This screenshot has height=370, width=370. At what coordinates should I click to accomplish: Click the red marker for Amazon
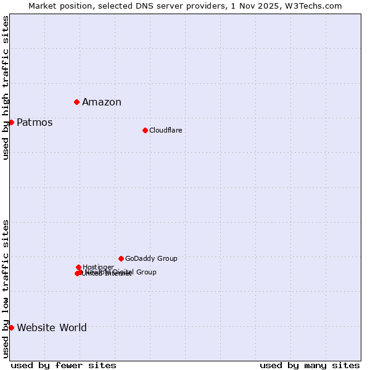[76, 102]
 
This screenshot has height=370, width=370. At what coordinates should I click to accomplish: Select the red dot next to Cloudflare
[145, 130]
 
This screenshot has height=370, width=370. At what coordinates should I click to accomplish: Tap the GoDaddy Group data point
[121, 258]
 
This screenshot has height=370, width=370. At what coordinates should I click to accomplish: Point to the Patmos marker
[11, 122]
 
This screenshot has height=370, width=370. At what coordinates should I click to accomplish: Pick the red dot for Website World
[11, 327]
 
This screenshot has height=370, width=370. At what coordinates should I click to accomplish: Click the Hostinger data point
[78, 267]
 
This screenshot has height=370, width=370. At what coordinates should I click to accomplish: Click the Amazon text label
[102, 102]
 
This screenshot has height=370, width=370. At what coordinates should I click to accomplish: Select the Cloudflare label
[165, 130]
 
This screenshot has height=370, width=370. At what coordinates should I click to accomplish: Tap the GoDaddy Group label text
[151, 258]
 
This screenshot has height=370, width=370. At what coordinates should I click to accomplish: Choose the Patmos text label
[35, 122]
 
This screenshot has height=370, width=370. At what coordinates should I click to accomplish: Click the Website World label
[52, 327]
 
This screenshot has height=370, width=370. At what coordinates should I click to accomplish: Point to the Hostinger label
[98, 267]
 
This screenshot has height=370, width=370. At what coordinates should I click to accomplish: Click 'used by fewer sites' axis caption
[64, 365]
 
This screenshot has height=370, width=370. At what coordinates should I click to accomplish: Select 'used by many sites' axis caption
[310, 365]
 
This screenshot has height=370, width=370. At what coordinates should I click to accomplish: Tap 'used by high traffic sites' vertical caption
[6, 88]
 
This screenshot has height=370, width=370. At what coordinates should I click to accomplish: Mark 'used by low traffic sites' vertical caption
[6, 289]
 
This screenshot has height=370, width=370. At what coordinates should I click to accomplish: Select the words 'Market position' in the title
[55, 6]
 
